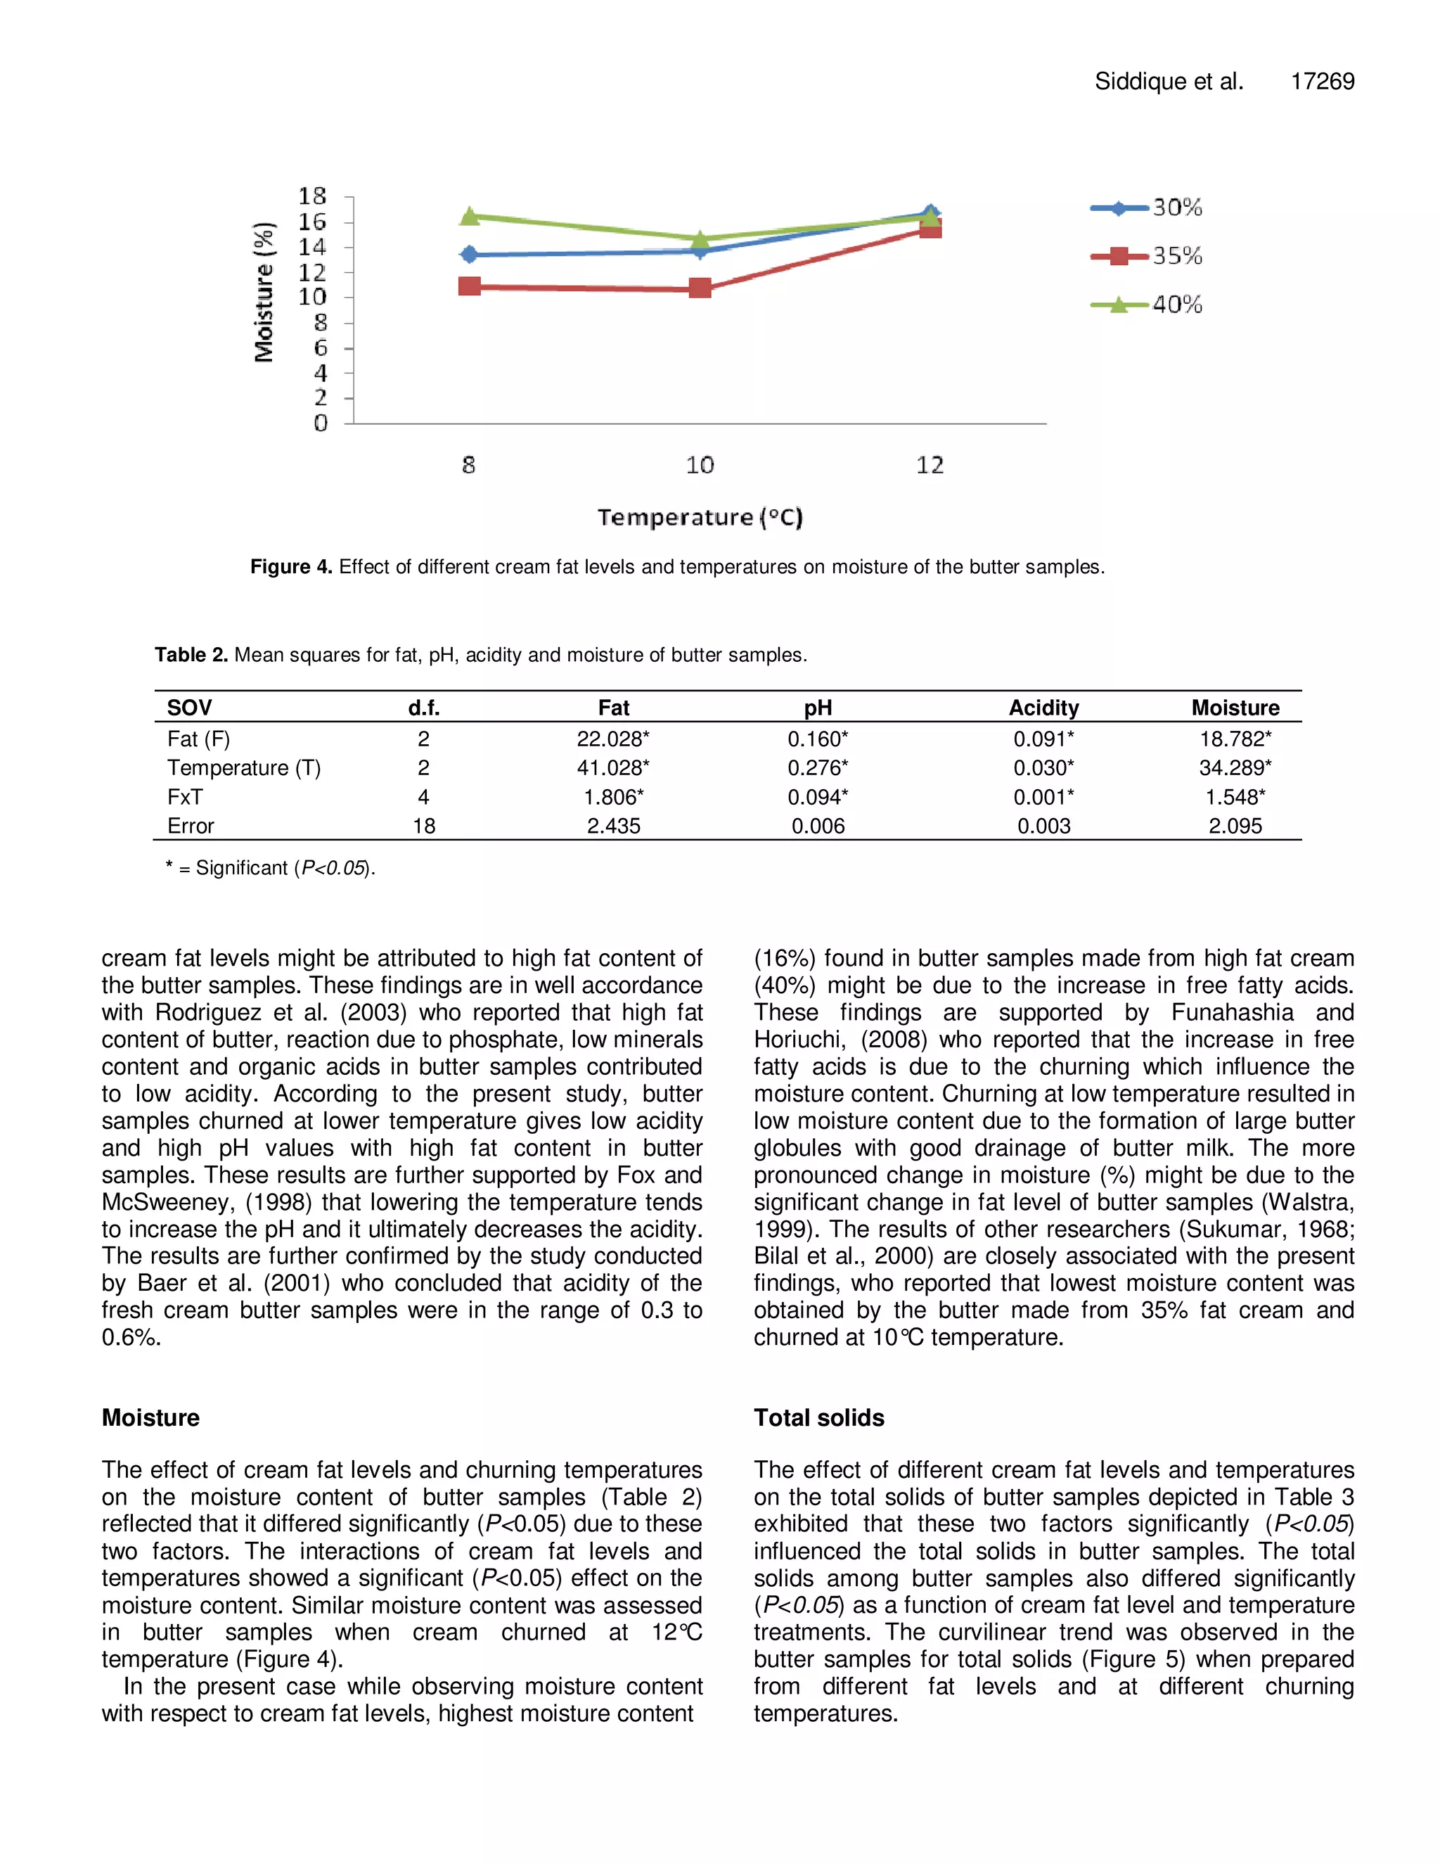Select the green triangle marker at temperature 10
(700, 238)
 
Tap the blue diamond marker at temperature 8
(469, 255)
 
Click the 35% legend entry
(1147, 256)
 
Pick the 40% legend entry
(1147, 305)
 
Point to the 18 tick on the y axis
(312, 196)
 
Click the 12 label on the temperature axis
(930, 465)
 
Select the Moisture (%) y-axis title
(264, 292)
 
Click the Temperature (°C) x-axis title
(700, 517)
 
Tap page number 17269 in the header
(1323, 81)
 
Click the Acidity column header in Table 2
(1043, 708)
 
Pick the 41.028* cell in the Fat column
(612, 768)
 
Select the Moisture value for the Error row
(1235, 826)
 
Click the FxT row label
(185, 797)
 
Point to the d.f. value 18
(424, 826)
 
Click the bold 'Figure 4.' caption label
(291, 567)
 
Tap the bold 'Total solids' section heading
(818, 1417)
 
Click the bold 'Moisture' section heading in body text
(150, 1417)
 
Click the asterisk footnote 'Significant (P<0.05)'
(271, 868)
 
